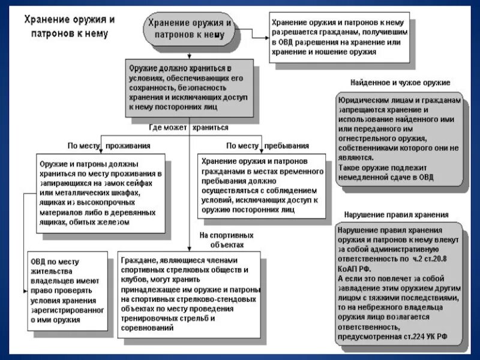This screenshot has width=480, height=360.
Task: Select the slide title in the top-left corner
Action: [x=69, y=26]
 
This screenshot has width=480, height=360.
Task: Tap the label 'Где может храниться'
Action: [x=188, y=127]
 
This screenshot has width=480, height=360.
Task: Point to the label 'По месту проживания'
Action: [x=109, y=145]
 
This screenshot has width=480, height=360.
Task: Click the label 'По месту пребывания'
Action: [x=268, y=145]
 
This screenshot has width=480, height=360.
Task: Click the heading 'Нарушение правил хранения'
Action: [x=396, y=215]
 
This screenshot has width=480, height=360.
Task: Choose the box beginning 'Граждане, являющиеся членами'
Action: [x=189, y=295]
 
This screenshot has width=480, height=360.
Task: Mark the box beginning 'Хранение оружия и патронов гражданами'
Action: [x=262, y=186]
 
